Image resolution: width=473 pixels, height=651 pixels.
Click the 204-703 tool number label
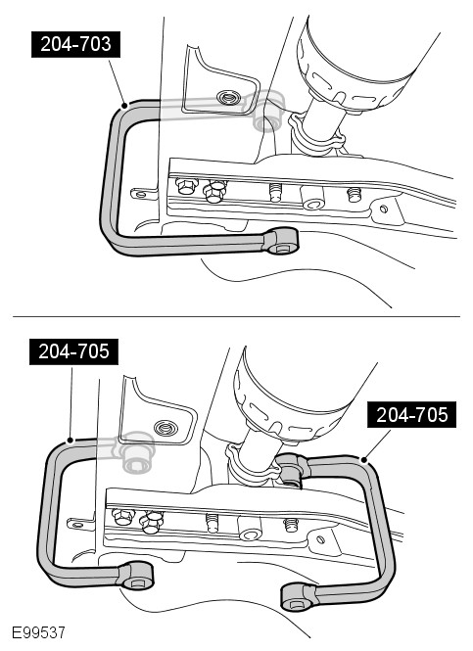[x=76, y=44]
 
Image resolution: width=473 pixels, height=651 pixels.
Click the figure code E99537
[x=38, y=632]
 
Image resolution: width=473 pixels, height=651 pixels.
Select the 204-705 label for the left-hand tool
[x=73, y=351]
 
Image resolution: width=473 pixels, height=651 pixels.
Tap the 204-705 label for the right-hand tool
[x=411, y=414]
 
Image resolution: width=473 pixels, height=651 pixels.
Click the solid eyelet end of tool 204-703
[x=281, y=241]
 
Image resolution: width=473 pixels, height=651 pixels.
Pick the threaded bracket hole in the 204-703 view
[x=227, y=98]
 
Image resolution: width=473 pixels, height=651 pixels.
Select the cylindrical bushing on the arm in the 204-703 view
[x=312, y=197]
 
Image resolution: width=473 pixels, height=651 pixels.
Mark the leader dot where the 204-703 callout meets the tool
[x=124, y=106]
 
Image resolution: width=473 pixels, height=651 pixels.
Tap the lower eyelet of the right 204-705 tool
[x=298, y=596]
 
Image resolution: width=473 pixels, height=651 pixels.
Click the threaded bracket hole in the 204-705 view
[x=165, y=427]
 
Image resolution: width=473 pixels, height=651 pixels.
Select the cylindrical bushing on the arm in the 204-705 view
[x=250, y=529]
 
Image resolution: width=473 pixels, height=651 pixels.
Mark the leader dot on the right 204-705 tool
[x=364, y=460]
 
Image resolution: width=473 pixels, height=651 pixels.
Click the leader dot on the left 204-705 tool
[x=71, y=441]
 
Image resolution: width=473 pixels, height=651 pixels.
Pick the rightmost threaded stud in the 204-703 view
[x=355, y=194]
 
